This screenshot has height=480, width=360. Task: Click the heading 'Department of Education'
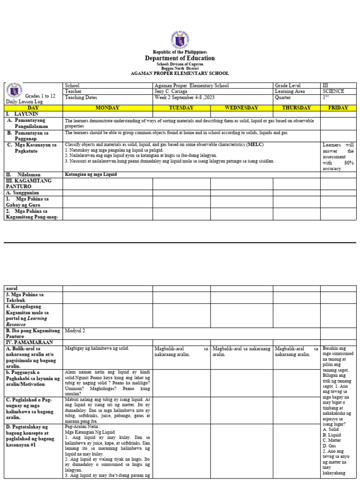(x=180, y=58)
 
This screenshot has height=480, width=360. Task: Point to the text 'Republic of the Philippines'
(x=180, y=52)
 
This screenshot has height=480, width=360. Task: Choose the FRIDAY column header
(x=338, y=108)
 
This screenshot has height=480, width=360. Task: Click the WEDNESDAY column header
(x=241, y=108)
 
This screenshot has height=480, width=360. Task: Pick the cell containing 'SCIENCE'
(x=333, y=91)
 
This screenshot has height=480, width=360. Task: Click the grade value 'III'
(x=326, y=85)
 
